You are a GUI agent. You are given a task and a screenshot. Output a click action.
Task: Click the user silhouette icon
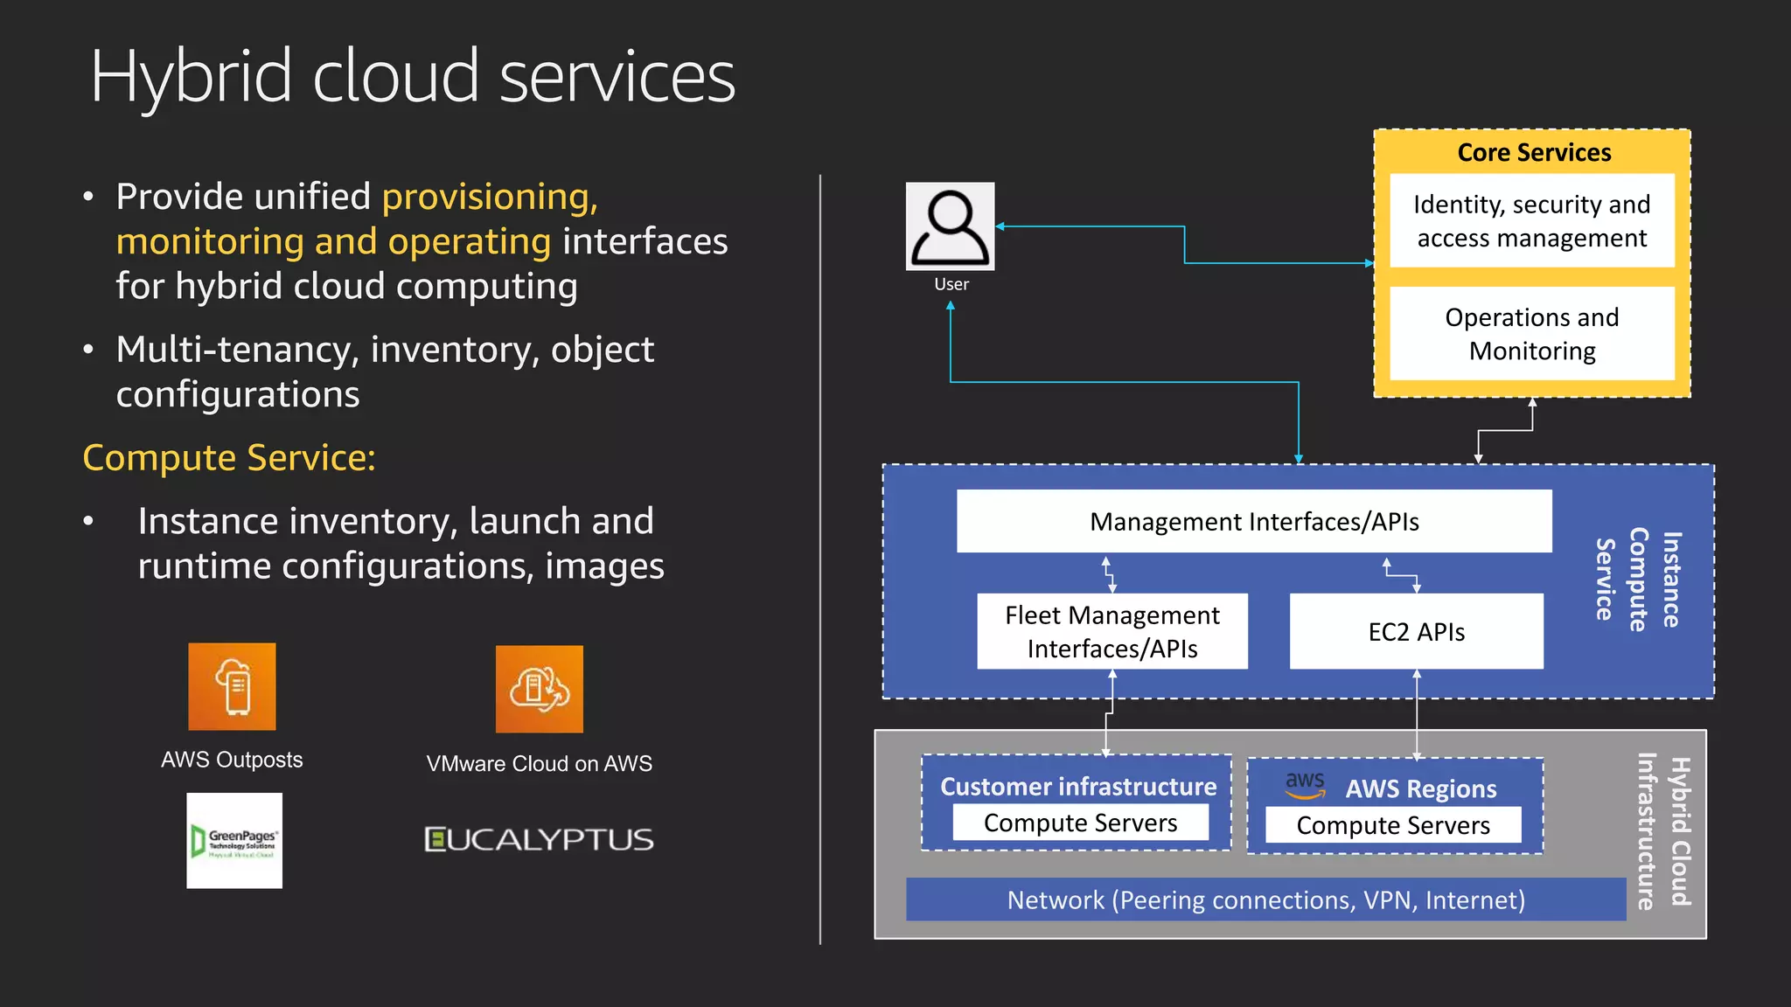(x=950, y=226)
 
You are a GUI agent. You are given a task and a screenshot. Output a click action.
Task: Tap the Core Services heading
(x=1533, y=153)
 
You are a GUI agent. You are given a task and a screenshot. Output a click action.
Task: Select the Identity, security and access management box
(x=1531, y=221)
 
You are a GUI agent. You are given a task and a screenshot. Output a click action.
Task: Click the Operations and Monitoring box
(x=1531, y=334)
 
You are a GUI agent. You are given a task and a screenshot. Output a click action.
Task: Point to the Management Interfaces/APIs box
(x=1253, y=522)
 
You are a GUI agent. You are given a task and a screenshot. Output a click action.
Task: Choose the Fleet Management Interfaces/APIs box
(x=1112, y=632)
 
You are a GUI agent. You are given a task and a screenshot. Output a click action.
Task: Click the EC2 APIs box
(x=1416, y=632)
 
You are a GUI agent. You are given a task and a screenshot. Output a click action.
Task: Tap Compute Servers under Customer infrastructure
(x=1080, y=823)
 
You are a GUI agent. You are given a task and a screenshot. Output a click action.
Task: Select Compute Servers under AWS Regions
(x=1392, y=826)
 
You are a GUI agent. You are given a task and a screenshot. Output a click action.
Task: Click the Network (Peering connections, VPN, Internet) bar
(x=1265, y=900)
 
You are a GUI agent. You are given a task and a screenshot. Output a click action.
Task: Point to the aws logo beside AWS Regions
(x=1304, y=784)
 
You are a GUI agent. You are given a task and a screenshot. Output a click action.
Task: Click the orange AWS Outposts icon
(x=232, y=687)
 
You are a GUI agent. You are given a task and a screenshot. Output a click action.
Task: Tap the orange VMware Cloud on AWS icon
(x=539, y=689)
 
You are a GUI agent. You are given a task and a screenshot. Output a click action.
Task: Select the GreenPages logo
(x=234, y=841)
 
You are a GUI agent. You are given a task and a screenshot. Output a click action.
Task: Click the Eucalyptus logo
(x=539, y=840)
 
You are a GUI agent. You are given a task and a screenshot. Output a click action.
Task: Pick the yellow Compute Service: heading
(x=229, y=458)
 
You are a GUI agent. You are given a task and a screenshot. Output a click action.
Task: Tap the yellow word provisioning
(x=490, y=197)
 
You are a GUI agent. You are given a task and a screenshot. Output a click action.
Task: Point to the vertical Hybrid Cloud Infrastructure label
(x=1663, y=831)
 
